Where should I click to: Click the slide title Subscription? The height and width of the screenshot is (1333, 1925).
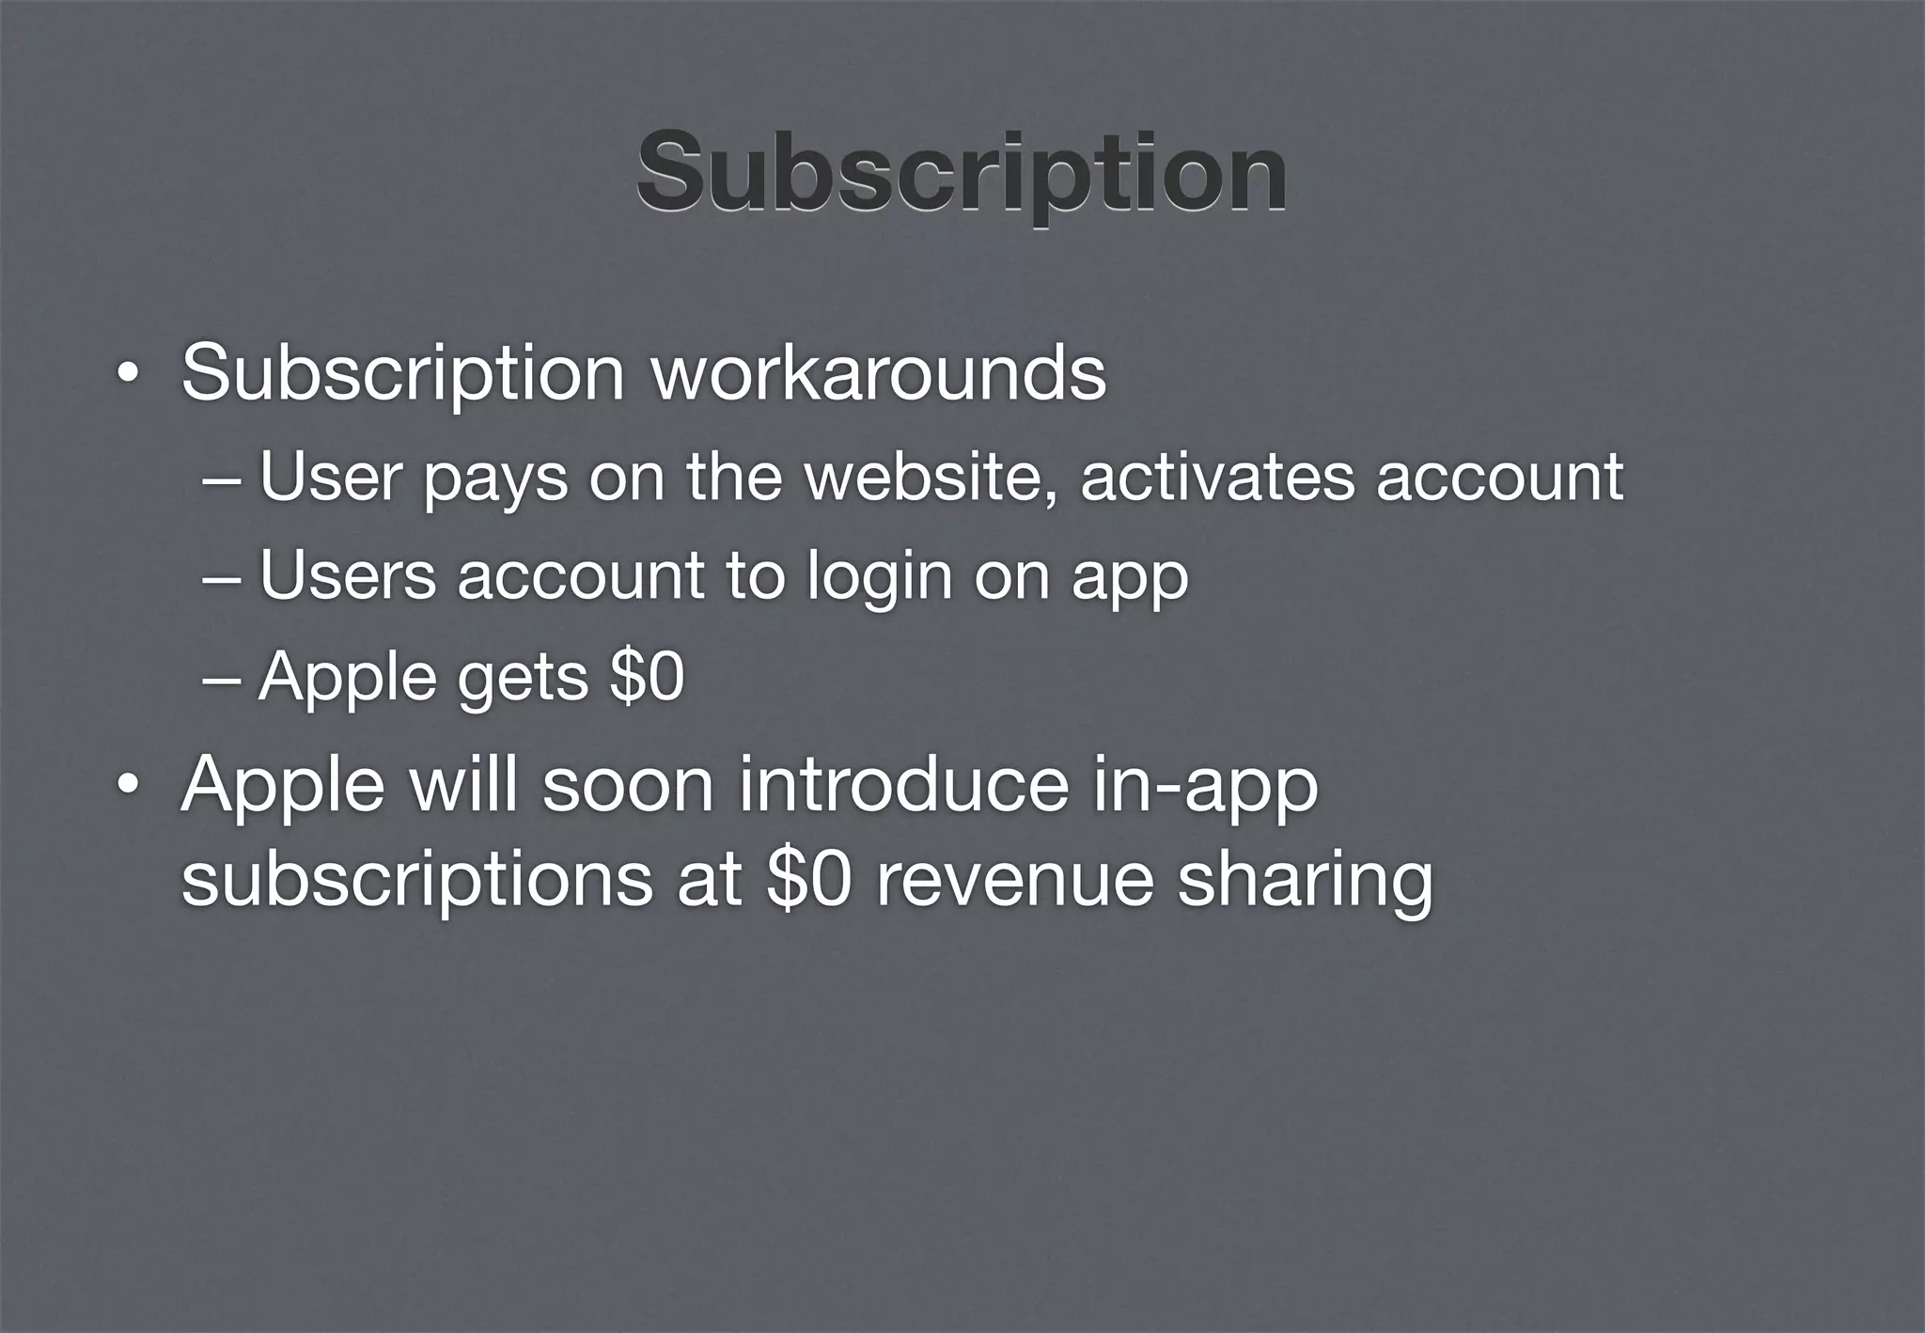pos(961,173)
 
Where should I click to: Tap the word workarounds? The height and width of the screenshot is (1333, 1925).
pos(879,373)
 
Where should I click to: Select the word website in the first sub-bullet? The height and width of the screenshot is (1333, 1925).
pos(935,477)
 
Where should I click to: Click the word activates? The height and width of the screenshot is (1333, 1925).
pos(1217,477)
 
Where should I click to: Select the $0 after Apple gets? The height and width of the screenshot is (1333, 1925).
pos(647,676)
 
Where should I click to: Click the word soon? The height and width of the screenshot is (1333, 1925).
pos(628,785)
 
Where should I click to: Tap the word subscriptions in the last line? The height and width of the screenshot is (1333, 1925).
pos(416,882)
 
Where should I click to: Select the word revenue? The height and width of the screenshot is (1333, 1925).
pos(1014,882)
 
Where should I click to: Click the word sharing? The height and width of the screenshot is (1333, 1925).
pos(1305,882)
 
